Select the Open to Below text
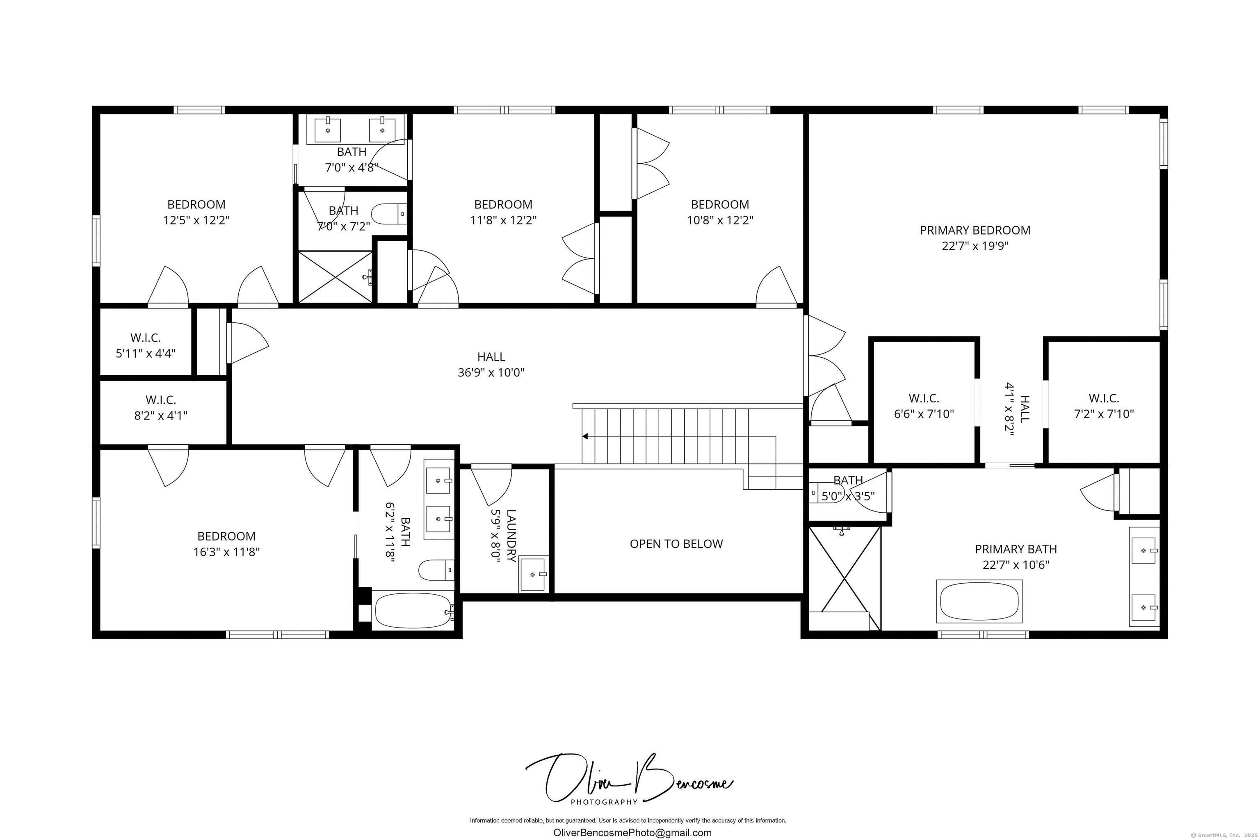tap(676, 544)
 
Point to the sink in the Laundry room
tap(534, 574)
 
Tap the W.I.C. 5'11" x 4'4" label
tap(146, 345)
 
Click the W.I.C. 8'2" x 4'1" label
tap(161, 407)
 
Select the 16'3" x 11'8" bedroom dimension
tap(226, 552)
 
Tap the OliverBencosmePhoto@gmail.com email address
tap(632, 833)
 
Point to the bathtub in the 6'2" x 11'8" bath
tap(413, 610)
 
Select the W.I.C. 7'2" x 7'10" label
tap(1104, 406)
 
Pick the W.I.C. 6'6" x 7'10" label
tap(924, 406)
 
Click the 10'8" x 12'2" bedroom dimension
tap(720, 220)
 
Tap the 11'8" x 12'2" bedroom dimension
tap(503, 220)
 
